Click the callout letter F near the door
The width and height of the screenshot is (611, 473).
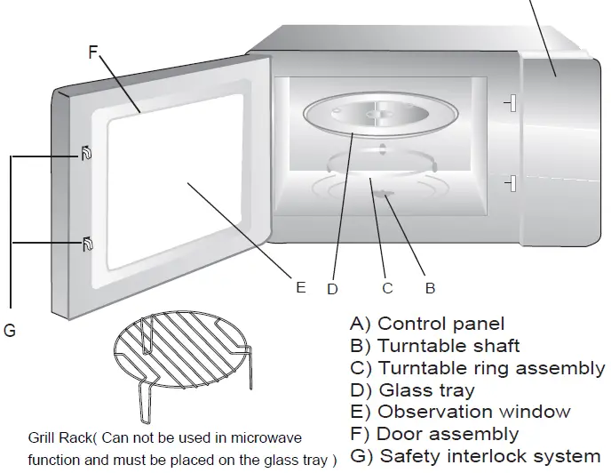pos(93,52)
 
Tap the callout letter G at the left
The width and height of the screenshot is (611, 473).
pos(10,331)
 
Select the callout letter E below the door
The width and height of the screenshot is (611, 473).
pos(301,287)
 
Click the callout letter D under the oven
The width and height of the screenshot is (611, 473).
pos(332,288)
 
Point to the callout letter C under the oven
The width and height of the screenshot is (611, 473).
pos(387,288)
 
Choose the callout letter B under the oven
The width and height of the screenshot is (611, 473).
pos(430,288)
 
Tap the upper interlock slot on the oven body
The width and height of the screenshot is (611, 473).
pos(510,103)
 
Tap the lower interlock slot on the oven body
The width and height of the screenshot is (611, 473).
pos(510,183)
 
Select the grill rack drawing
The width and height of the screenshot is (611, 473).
pos(181,365)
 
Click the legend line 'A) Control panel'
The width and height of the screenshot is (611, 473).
pos(427,324)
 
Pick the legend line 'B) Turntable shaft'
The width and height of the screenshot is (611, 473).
pos(435,345)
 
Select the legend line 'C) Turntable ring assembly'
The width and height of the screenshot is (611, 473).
pos(478,367)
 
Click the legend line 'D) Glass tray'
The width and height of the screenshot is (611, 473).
pos(413,389)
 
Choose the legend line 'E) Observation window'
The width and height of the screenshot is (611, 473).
pos(461,412)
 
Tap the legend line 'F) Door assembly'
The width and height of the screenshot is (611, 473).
pos(434,434)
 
